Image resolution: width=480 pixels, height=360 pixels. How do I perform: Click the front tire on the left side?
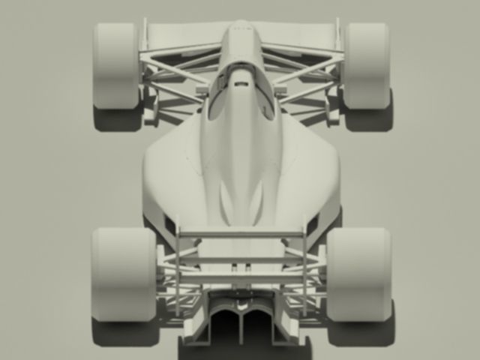point(115,66)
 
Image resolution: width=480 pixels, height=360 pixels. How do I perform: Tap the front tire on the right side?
point(365,66)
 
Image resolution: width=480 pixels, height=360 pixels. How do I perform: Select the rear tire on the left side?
point(123,274)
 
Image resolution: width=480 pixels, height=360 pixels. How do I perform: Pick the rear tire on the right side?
point(358,274)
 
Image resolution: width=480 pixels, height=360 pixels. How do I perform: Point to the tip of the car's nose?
point(240,25)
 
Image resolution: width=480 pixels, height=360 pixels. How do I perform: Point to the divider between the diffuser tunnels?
point(241,326)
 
